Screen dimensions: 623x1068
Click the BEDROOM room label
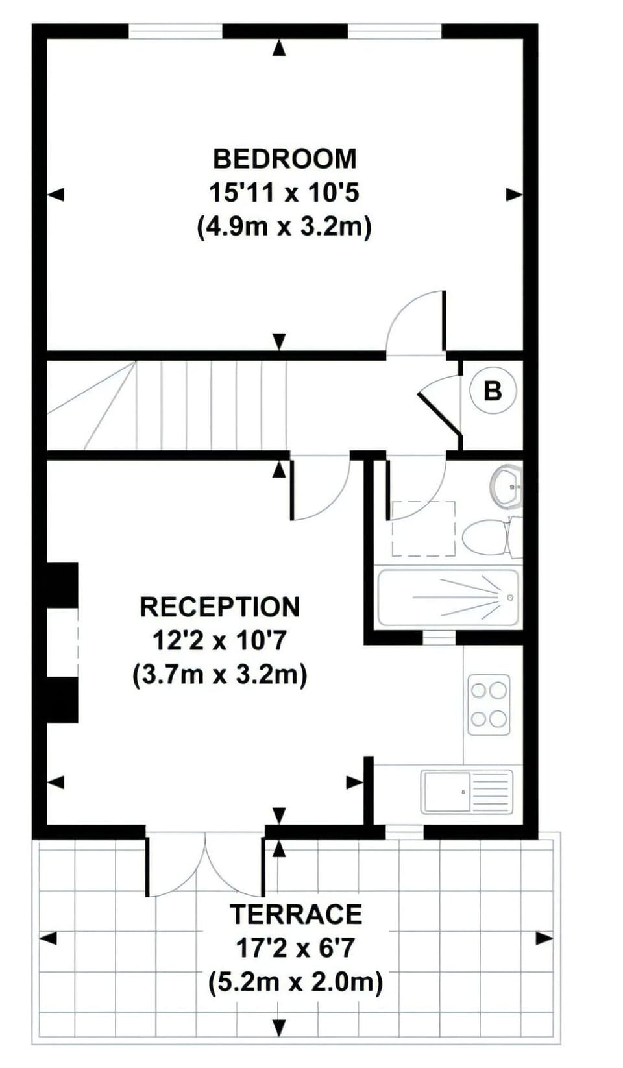[285, 159]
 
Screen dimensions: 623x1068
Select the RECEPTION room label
[220, 607]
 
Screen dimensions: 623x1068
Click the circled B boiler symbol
[493, 391]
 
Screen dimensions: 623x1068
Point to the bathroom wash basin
[507, 487]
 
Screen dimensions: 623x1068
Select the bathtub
[448, 598]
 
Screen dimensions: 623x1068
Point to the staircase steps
[167, 405]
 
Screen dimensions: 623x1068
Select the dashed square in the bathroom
[424, 529]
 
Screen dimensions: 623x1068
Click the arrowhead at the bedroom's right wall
[514, 195]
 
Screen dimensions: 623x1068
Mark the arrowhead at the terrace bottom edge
[279, 1038]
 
